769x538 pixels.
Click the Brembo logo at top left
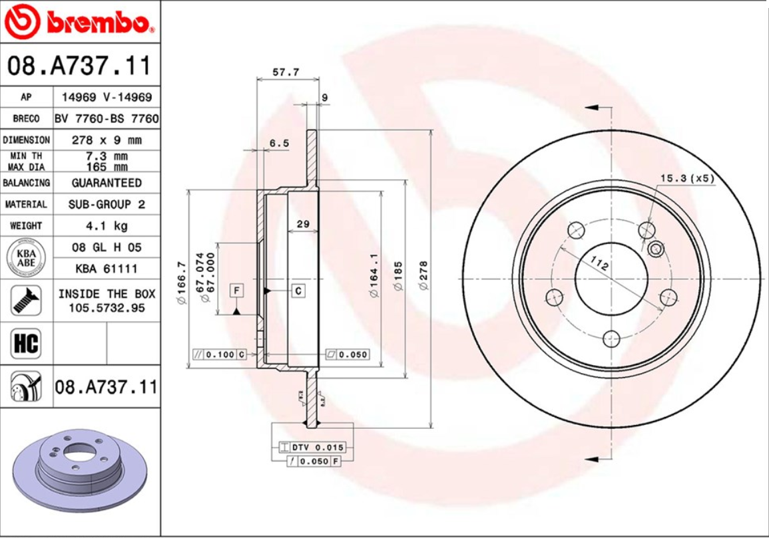click(x=80, y=22)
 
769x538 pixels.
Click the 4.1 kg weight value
click(x=107, y=225)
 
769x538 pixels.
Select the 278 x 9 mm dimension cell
click(x=107, y=140)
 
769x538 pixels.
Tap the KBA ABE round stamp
click(x=27, y=258)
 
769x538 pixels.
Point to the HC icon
click(x=26, y=344)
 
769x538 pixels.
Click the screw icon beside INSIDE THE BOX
click(x=26, y=301)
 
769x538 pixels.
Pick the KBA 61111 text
click(x=107, y=269)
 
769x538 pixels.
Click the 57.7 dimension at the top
click(x=286, y=72)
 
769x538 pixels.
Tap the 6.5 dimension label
click(x=279, y=143)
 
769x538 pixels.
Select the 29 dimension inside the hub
click(x=303, y=224)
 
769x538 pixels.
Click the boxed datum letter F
click(x=236, y=290)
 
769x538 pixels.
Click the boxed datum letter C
click(x=298, y=290)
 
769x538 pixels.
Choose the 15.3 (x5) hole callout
click(x=686, y=178)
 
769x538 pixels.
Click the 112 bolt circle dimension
click(x=600, y=265)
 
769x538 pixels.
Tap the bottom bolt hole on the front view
click(x=611, y=339)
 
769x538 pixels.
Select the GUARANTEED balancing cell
click(x=107, y=182)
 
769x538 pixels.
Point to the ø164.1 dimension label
click(x=374, y=274)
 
